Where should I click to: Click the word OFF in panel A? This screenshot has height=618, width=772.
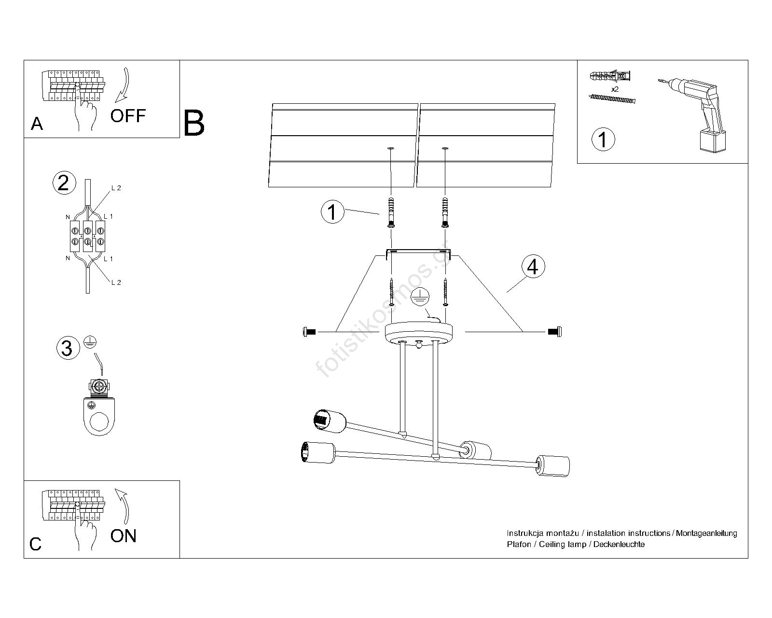[128, 116]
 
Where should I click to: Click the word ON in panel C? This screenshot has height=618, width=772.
[124, 536]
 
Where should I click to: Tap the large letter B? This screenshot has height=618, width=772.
[194, 124]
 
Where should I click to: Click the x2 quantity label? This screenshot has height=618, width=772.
[615, 89]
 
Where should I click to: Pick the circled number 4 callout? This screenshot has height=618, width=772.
[533, 267]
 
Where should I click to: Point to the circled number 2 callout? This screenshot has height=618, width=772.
[63, 183]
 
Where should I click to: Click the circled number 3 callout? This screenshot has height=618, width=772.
[67, 348]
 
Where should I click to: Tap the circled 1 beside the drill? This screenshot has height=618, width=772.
[603, 140]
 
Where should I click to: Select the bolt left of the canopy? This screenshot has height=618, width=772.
[309, 331]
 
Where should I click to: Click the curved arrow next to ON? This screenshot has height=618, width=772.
[124, 506]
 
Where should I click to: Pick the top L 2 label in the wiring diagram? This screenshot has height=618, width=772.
[116, 188]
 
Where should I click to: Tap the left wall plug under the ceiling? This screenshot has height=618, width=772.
[391, 212]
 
